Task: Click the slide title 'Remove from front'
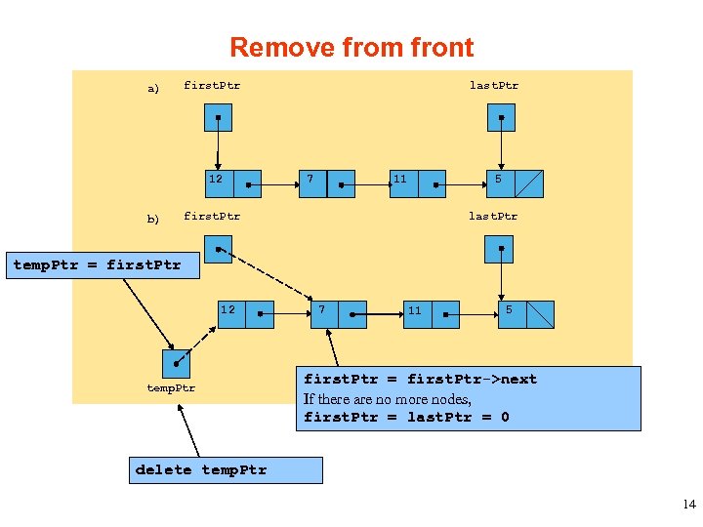pos(351,48)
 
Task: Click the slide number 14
pos(688,505)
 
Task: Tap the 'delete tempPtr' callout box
pos(226,470)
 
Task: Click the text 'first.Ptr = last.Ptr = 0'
pos(406,418)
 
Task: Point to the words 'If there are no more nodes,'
pos(388,398)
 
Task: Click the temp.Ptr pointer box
pos(176,364)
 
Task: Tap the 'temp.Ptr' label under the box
pos(171,388)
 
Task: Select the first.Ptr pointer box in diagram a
pos(218,117)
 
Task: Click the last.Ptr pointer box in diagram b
pos(499,249)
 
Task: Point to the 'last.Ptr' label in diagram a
pos(494,86)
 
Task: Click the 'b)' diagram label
pos(152,220)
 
